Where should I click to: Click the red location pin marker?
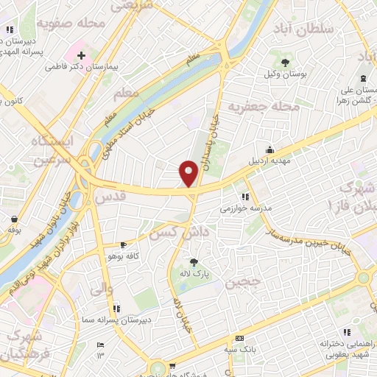click(189, 172)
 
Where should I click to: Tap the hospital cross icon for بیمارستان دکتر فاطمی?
click(82, 55)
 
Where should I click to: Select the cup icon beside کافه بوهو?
click(123, 244)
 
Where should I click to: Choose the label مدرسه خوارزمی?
click(247, 209)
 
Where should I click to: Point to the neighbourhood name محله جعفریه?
click(255, 108)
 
